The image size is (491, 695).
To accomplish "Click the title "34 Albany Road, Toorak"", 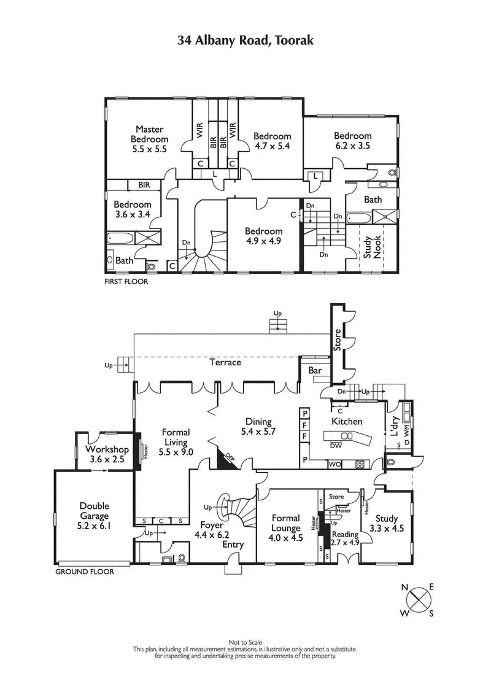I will [x=245, y=41].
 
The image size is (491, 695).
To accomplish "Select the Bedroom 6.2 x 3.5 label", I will [x=352, y=141].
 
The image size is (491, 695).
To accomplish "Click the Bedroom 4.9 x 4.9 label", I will [x=263, y=236].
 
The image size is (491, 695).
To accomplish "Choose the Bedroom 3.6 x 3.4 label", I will [x=132, y=209].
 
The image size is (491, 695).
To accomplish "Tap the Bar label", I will [x=315, y=371].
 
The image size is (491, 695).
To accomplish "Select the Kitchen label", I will [x=347, y=421].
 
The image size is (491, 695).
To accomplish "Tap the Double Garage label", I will [x=95, y=516].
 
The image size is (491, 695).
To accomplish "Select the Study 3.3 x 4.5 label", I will [x=387, y=523].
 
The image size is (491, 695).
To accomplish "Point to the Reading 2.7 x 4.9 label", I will [x=344, y=538].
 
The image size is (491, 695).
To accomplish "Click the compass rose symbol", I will [x=418, y=599].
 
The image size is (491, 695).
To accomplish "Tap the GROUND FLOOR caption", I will [x=85, y=571].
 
